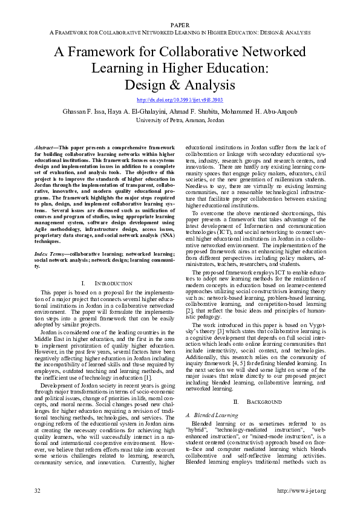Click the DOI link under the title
(x=180, y=100)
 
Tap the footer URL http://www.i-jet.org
(x=301, y=490)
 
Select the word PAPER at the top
(x=180, y=25)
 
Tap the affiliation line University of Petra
(x=180, y=120)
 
